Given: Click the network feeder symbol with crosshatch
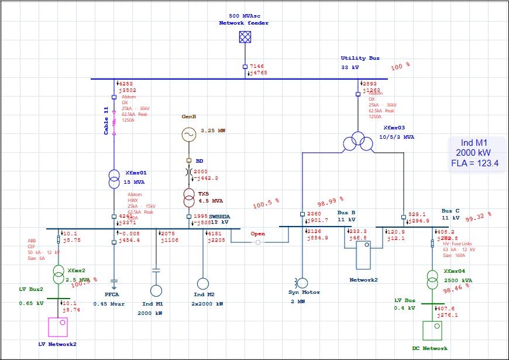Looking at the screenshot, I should (x=245, y=37).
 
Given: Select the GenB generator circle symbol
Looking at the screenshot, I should (x=189, y=135).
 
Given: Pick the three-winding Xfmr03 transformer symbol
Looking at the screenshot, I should (x=357, y=141).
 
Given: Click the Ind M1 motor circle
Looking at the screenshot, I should (x=156, y=290).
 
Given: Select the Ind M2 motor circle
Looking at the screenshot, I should (x=202, y=284).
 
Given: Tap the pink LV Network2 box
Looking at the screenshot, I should (x=58, y=327).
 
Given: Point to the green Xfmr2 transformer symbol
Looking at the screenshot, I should (x=59, y=273).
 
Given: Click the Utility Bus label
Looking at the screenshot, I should (x=360, y=58).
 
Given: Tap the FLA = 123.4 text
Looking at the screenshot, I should (x=474, y=163).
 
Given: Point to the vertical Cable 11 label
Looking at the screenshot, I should (x=106, y=121).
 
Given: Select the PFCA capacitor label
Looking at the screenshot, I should (x=112, y=294).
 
